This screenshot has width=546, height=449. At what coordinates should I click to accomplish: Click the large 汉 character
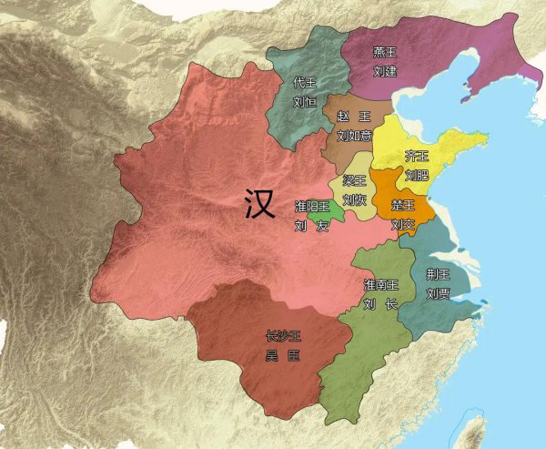pos(260,205)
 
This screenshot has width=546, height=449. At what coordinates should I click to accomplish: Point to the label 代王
pos(304,84)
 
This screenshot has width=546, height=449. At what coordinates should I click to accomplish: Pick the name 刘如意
pos(354,136)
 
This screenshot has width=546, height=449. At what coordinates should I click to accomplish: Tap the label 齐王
pos(417,156)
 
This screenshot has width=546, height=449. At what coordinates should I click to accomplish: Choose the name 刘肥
pos(417,173)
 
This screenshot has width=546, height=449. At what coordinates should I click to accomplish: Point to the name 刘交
pos(402,223)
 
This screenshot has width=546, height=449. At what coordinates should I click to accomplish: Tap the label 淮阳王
pos(311,207)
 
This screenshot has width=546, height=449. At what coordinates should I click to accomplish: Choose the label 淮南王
pos(379,286)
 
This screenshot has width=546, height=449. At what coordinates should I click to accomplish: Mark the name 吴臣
pos(280,354)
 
